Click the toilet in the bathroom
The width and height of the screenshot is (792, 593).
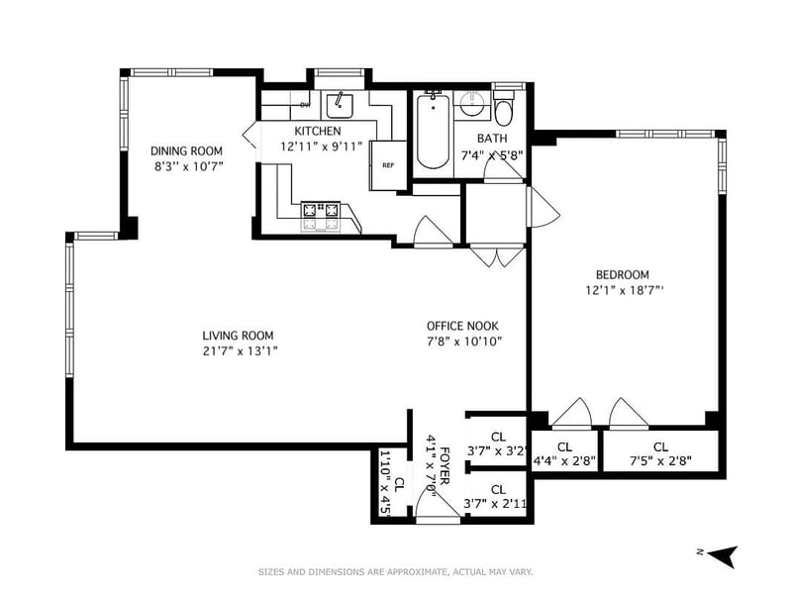(x=503, y=108)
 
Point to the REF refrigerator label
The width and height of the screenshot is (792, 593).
(x=388, y=165)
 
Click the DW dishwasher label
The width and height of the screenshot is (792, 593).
(x=305, y=105)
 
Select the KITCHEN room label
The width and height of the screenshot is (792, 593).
(x=318, y=132)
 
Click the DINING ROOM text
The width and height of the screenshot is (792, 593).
(x=186, y=151)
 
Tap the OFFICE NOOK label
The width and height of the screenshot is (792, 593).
(x=462, y=327)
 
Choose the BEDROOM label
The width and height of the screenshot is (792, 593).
(x=623, y=275)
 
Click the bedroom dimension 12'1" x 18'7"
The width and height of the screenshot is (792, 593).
(x=625, y=290)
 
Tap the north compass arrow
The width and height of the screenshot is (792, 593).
(x=724, y=555)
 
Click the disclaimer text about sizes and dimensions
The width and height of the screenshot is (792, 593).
(x=395, y=572)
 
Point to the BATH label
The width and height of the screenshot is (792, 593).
(x=492, y=139)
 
